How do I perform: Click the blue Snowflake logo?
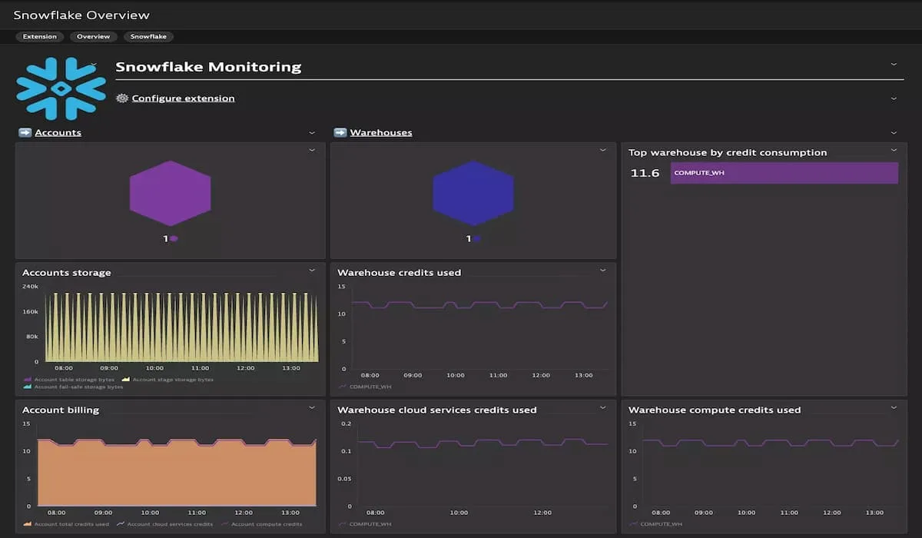[61, 88]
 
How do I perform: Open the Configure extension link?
[183, 98]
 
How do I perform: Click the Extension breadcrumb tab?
[39, 36]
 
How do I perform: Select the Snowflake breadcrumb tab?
[148, 36]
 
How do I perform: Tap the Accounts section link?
[58, 132]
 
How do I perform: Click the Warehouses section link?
[380, 132]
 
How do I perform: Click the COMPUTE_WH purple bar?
[784, 173]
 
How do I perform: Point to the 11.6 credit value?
[645, 173]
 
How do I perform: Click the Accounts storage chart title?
[66, 272]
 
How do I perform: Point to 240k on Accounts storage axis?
[30, 286]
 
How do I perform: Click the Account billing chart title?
[61, 410]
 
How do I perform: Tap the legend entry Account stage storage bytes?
[172, 379]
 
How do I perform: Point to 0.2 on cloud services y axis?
[345, 423]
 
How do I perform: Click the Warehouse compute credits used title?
[715, 410]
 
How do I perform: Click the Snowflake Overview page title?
[81, 15]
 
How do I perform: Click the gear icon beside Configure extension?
[121, 98]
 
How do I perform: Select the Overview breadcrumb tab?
[93, 36]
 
